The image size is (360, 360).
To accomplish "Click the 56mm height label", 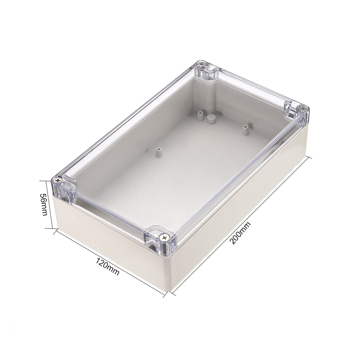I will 44,204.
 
